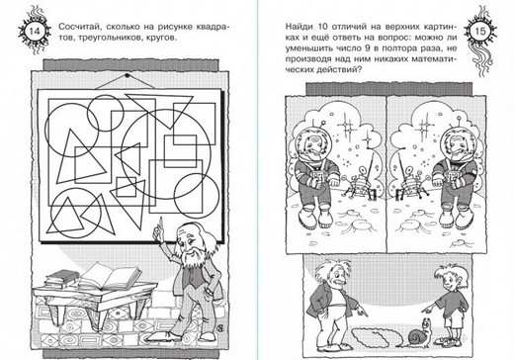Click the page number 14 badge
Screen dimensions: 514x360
[x=35, y=31]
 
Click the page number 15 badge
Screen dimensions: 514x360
[x=480, y=31]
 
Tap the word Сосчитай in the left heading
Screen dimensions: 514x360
[x=78, y=27]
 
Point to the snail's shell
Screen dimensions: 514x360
[x=416, y=336]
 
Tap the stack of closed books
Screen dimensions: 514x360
[x=62, y=279]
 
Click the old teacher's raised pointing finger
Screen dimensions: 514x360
[x=160, y=225]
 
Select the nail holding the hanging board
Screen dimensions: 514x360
[x=128, y=76]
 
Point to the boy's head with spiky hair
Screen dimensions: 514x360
[x=447, y=278]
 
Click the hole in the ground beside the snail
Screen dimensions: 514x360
[x=375, y=336]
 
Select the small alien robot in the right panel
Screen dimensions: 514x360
[x=410, y=183]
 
